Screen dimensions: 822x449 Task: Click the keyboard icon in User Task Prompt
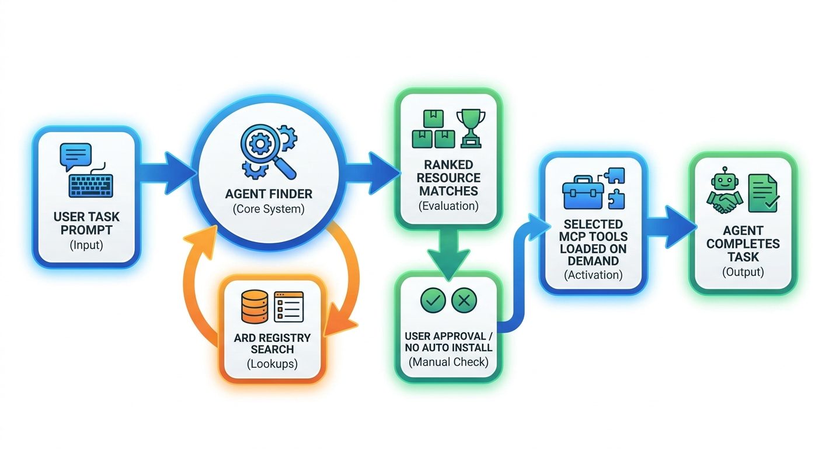(x=91, y=186)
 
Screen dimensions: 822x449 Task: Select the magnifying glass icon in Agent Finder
(x=267, y=151)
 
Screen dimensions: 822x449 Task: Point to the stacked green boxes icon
(x=433, y=129)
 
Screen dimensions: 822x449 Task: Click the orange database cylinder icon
(x=255, y=307)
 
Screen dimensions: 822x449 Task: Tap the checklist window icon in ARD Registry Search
(x=289, y=307)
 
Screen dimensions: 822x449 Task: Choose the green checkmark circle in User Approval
(x=433, y=301)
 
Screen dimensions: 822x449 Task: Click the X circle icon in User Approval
(x=464, y=301)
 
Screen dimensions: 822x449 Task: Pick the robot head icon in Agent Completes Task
(x=725, y=179)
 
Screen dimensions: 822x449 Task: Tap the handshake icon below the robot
(x=725, y=203)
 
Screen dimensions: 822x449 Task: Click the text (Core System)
(x=269, y=209)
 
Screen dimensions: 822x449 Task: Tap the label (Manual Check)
(x=448, y=362)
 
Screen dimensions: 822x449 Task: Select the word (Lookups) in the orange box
(x=272, y=364)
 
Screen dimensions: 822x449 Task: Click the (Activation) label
(x=593, y=275)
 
